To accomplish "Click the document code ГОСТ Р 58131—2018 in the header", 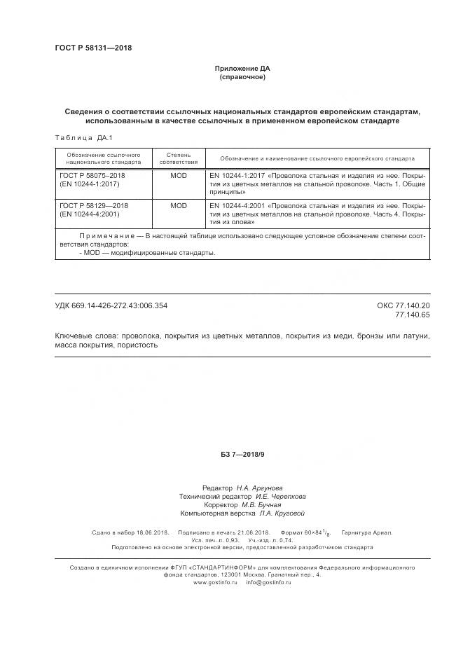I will pos(93,48).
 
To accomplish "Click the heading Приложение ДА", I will pos(242,69).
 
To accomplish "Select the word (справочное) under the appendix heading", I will pos(242,77).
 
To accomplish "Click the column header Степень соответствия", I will pos(178,158).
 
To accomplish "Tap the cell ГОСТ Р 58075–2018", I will pos(92,176).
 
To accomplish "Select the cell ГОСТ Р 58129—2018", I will pos(94,206).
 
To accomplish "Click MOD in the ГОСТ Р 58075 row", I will pos(178,176).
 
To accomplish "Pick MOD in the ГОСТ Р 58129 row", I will pos(178,206).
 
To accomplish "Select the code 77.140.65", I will pos(415,315).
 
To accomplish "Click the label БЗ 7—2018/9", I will pos(242,455).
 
